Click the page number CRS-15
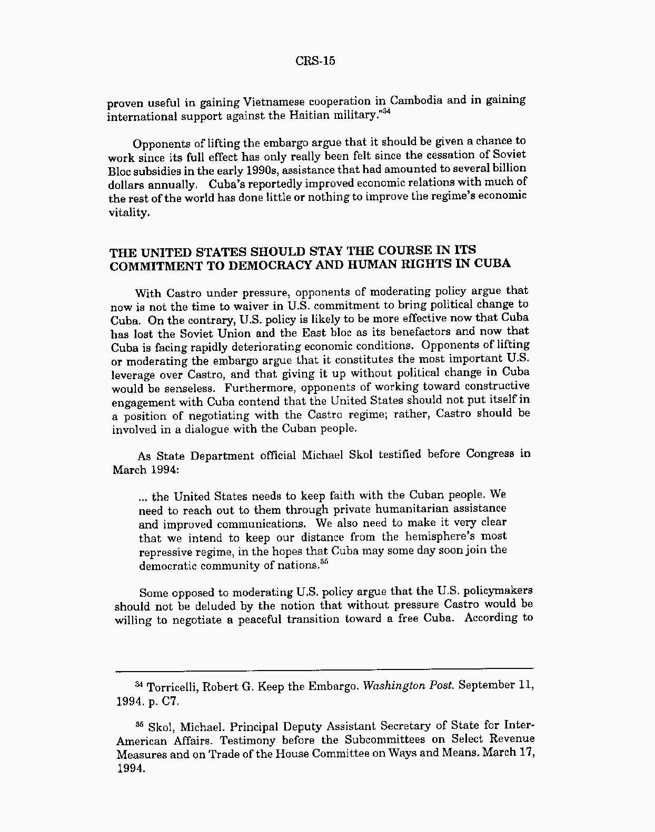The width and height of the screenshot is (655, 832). (x=315, y=61)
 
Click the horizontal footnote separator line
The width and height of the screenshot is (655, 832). (x=324, y=669)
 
